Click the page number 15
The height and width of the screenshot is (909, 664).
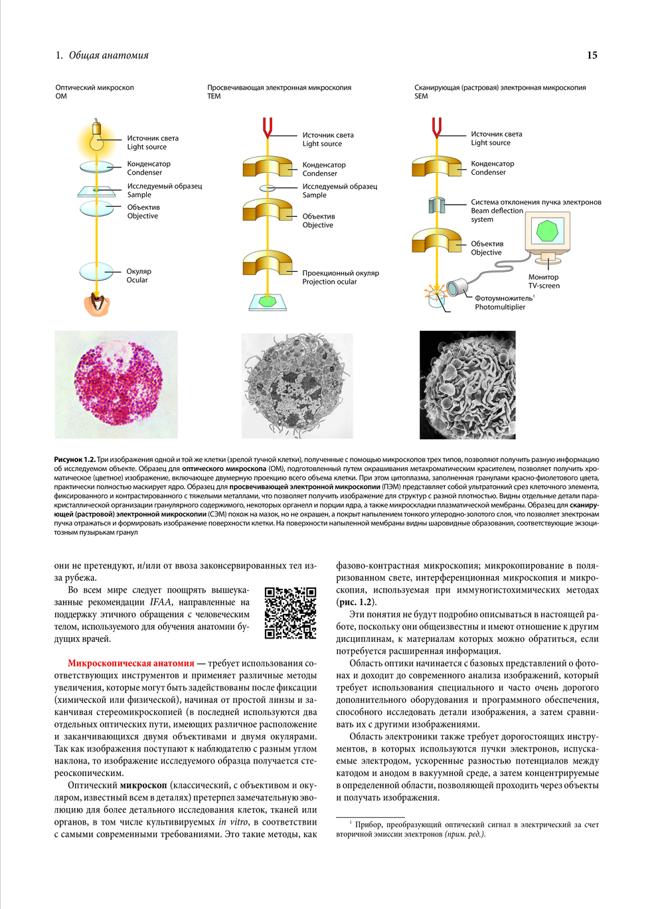[x=592, y=55]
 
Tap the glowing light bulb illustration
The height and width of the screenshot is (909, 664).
[x=96, y=136]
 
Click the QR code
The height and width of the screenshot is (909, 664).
[x=290, y=613]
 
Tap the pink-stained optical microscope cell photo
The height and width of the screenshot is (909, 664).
[x=116, y=384]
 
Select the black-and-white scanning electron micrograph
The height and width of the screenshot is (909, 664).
[x=467, y=385]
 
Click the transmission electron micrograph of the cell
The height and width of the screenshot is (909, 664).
[x=297, y=385]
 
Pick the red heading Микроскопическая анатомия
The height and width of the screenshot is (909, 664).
[x=131, y=663]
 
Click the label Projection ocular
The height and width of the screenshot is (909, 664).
[x=329, y=282]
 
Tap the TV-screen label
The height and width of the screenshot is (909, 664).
[x=544, y=286]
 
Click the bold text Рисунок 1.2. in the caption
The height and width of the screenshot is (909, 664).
[x=75, y=459]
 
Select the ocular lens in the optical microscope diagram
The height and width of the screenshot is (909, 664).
[x=96, y=272]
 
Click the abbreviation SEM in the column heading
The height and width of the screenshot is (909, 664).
[x=421, y=96]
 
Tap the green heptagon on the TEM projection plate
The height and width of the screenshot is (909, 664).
[x=268, y=302]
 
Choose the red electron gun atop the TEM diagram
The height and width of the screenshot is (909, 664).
[x=268, y=128]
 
